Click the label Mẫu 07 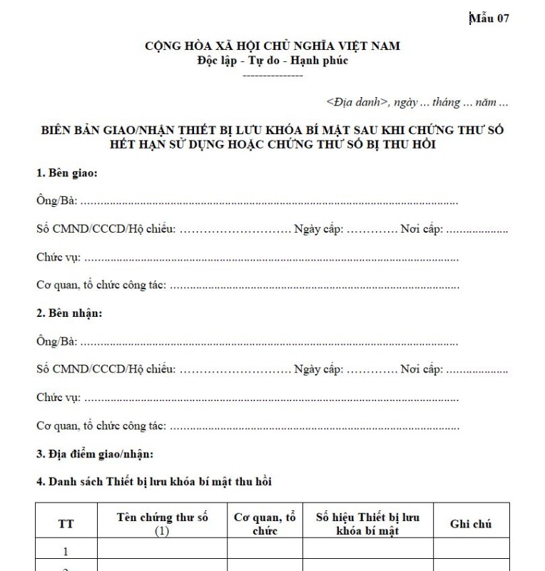tap(489, 19)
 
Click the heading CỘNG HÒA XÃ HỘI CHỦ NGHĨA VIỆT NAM tap(272, 46)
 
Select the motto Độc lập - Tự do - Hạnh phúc tap(272, 60)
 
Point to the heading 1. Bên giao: tap(67, 173)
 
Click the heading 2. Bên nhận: tap(69, 313)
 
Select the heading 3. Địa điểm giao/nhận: tap(95, 453)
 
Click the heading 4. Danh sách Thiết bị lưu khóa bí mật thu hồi tap(154, 482)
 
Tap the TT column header tap(66, 524)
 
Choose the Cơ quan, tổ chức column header tap(265, 523)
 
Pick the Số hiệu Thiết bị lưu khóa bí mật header tap(367, 523)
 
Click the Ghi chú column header tap(471, 524)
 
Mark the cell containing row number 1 tap(66, 551)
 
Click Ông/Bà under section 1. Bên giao tap(56, 201)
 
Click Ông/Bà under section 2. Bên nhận tap(56, 341)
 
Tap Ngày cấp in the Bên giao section tap(318, 229)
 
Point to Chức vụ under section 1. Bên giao tap(58, 257)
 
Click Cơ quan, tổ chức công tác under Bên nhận tap(101, 425)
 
